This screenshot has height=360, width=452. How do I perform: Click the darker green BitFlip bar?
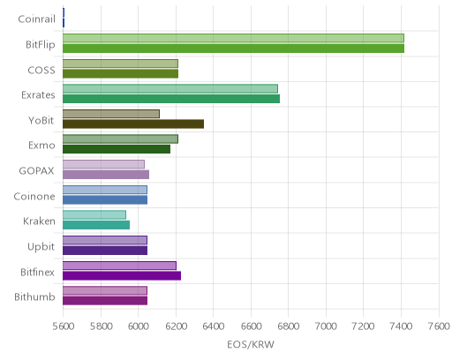tap(233, 49)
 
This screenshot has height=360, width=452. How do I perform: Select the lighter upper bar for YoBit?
tap(111, 114)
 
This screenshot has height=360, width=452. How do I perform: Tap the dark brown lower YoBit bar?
tap(133, 124)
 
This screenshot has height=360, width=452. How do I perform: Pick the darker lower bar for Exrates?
tap(171, 99)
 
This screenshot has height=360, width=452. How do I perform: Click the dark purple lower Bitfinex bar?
tap(122, 276)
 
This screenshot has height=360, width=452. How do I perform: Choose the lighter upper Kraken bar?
tap(94, 215)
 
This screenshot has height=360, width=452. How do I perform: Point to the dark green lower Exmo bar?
tap(117, 149)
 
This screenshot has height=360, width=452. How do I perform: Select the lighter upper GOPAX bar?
tap(103, 164)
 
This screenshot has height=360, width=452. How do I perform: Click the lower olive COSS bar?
tap(120, 73)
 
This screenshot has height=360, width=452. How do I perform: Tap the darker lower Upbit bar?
tap(105, 251)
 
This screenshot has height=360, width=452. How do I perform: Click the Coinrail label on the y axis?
tap(36, 19)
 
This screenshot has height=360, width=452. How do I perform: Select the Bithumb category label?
tap(34, 297)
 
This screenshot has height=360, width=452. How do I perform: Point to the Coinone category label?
tap(34, 196)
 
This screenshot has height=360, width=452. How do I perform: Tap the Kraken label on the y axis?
tap(39, 221)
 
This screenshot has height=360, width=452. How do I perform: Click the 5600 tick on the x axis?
tap(64, 326)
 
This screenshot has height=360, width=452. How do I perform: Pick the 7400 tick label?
tap(401, 326)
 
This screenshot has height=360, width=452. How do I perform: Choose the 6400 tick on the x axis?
tap(214, 326)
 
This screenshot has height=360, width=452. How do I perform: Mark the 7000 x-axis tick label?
tap(326, 326)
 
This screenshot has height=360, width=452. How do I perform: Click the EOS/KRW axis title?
tap(251, 344)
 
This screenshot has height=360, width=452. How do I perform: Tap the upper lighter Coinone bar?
tap(105, 190)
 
